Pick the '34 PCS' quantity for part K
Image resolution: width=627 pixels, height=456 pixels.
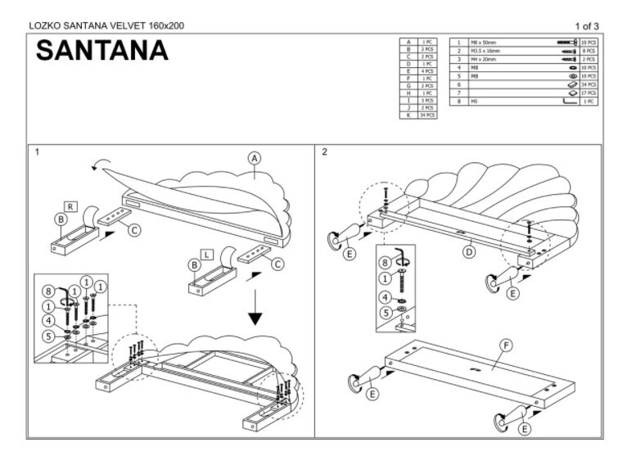[x=427, y=115]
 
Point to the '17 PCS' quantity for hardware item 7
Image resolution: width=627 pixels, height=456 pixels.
[x=589, y=93]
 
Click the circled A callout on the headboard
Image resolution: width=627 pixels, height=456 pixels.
[x=255, y=157]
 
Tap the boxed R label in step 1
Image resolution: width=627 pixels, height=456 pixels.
[x=72, y=206]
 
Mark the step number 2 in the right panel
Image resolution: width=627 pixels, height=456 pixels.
[x=325, y=152]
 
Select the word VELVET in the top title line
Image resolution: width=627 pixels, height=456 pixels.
[x=122, y=25]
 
